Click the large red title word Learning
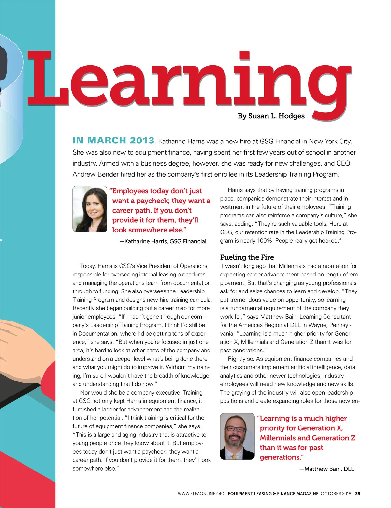(189, 82)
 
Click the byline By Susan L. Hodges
(271, 116)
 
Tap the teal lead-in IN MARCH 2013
(113, 141)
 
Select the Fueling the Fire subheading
(247, 257)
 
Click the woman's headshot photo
(90, 209)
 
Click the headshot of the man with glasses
(237, 436)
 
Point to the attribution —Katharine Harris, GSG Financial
(163, 241)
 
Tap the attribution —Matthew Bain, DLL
(326, 469)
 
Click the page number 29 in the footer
(358, 494)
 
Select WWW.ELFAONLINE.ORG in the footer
(202, 494)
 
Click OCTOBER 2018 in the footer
(336, 494)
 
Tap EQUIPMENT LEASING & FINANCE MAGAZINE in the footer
(273, 494)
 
